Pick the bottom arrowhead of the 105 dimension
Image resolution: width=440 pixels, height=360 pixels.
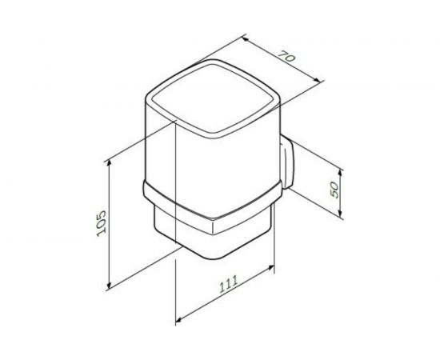coord(106,286)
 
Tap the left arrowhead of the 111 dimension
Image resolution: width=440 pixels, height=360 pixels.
coord(176,320)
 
